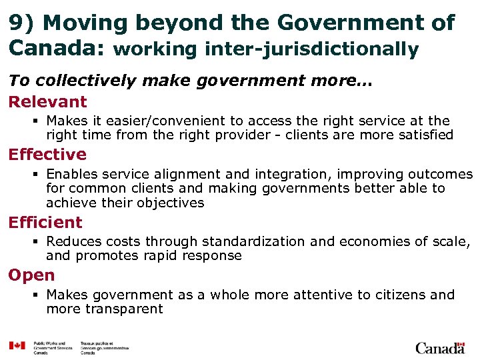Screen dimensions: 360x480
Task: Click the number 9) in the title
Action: point(21,23)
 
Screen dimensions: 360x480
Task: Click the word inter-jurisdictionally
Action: point(312,49)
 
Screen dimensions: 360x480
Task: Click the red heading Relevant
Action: point(47,102)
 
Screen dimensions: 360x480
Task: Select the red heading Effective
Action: point(47,155)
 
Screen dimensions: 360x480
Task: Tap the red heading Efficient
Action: point(45,223)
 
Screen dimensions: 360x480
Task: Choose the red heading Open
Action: point(31,275)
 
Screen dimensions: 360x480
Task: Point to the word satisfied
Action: point(423,135)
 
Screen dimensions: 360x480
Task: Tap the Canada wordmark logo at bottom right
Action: point(439,348)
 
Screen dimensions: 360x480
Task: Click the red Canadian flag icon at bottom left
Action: point(17,345)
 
